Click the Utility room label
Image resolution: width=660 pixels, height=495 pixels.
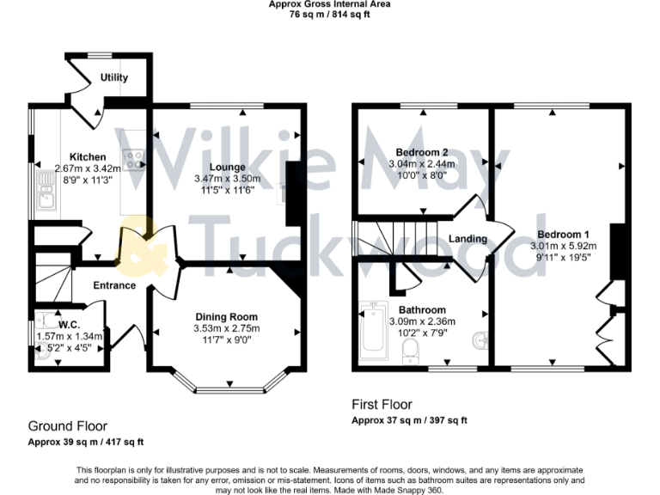click(113, 77)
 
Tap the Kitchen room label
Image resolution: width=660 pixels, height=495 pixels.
click(88, 157)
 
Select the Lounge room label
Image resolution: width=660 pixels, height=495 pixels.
click(227, 167)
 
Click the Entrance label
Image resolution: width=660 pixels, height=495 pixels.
click(114, 285)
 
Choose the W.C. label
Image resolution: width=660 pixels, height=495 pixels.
click(70, 325)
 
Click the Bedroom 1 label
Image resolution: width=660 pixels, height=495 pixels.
click(563, 234)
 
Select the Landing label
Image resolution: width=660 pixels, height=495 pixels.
click(467, 239)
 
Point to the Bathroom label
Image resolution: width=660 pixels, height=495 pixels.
click(422, 310)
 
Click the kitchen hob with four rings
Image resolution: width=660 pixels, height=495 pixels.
click(134, 159)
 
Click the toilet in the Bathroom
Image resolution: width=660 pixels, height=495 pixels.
click(411, 349)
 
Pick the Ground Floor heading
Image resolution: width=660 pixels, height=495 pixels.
click(68, 425)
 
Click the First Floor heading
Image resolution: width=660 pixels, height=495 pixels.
click(382, 404)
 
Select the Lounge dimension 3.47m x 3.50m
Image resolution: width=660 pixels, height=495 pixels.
click(228, 179)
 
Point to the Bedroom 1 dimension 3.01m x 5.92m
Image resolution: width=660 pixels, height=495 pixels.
click(563, 245)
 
